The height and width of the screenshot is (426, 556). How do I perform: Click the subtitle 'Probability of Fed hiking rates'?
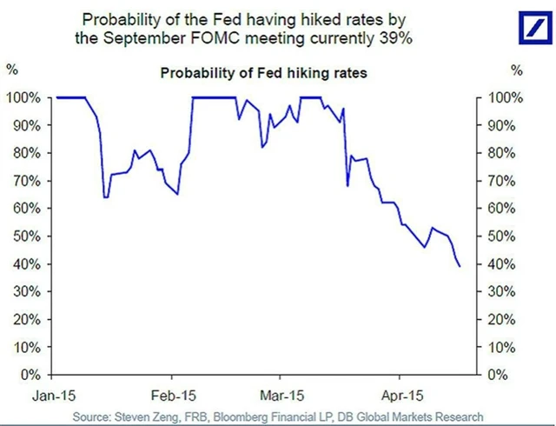click(x=264, y=74)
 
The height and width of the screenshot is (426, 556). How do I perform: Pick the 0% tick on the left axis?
click(x=30, y=375)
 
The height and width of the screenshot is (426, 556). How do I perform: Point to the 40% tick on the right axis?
click(x=505, y=264)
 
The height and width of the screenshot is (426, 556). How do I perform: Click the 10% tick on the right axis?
click(x=505, y=347)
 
